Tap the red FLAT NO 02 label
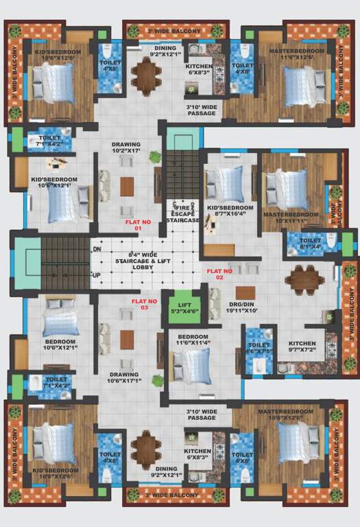219,274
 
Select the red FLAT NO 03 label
145,304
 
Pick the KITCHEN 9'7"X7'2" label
302,347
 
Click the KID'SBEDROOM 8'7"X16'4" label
230,211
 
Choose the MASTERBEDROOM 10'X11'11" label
291,218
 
